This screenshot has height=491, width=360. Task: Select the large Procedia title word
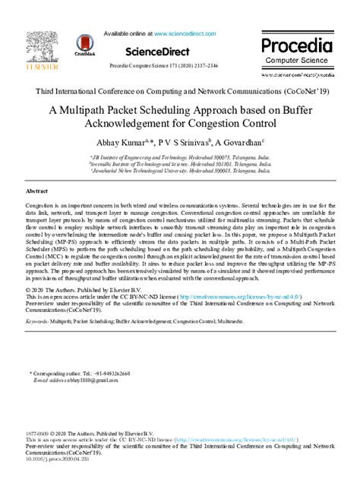click(x=297, y=46)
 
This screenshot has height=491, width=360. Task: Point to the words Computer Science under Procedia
click(x=297, y=62)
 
